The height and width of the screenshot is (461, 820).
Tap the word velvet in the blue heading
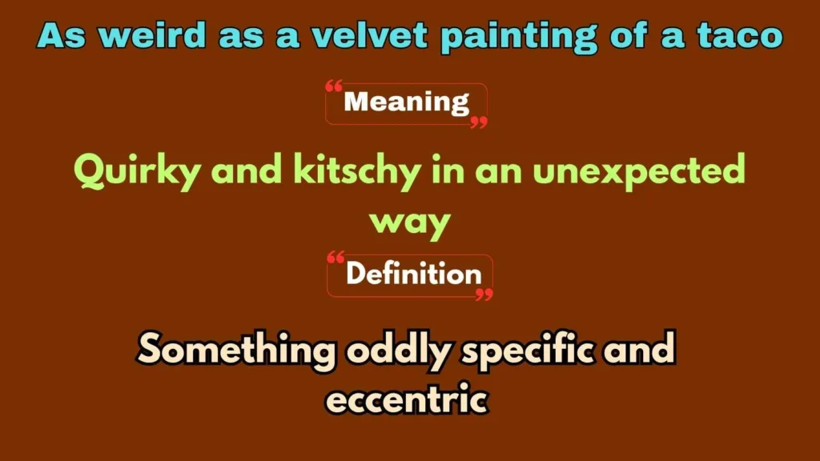point(325,35)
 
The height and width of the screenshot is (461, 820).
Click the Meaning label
point(406,102)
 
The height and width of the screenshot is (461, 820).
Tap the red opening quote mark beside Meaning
point(335,86)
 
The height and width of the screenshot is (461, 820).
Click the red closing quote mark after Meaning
point(478,122)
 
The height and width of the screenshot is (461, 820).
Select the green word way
point(408,222)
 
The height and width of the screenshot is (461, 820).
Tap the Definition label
point(413,275)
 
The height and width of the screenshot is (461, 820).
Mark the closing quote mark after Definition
point(484,295)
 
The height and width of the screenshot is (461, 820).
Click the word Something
point(236,349)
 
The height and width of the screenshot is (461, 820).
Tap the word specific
point(529,351)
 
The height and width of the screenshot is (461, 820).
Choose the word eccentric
point(408,399)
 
